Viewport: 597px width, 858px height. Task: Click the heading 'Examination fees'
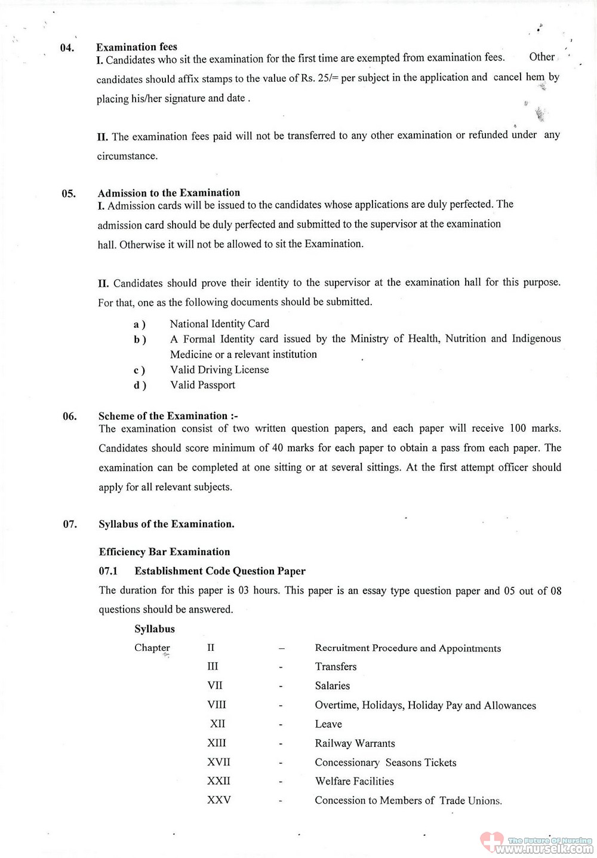pyautogui.click(x=137, y=47)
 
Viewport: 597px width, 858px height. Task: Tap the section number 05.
pyautogui.click(x=69, y=193)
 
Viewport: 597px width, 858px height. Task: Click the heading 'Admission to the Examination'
pyautogui.click(x=169, y=193)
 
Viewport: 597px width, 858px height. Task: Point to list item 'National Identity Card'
pyautogui.click(x=219, y=324)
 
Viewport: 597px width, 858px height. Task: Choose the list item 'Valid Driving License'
pyautogui.click(x=219, y=370)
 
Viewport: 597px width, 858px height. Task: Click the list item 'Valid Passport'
pyautogui.click(x=202, y=385)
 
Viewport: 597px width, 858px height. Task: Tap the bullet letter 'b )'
pyautogui.click(x=140, y=340)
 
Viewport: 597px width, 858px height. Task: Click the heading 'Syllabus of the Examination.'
pyautogui.click(x=167, y=524)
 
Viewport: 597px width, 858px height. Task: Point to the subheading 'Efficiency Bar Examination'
pyautogui.click(x=164, y=552)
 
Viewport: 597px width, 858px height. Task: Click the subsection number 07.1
pyautogui.click(x=108, y=571)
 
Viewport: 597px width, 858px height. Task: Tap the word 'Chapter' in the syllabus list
pyautogui.click(x=152, y=648)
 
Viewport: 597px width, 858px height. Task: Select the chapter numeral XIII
pyautogui.click(x=217, y=743)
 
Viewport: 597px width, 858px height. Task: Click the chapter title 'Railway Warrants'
pyautogui.click(x=355, y=743)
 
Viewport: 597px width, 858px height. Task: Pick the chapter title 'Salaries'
pyautogui.click(x=332, y=685)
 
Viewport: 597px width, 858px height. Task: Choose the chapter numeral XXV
pyautogui.click(x=219, y=800)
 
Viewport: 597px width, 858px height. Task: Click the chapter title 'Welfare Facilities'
pyautogui.click(x=354, y=781)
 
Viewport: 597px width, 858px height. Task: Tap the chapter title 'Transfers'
pyautogui.click(x=336, y=666)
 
